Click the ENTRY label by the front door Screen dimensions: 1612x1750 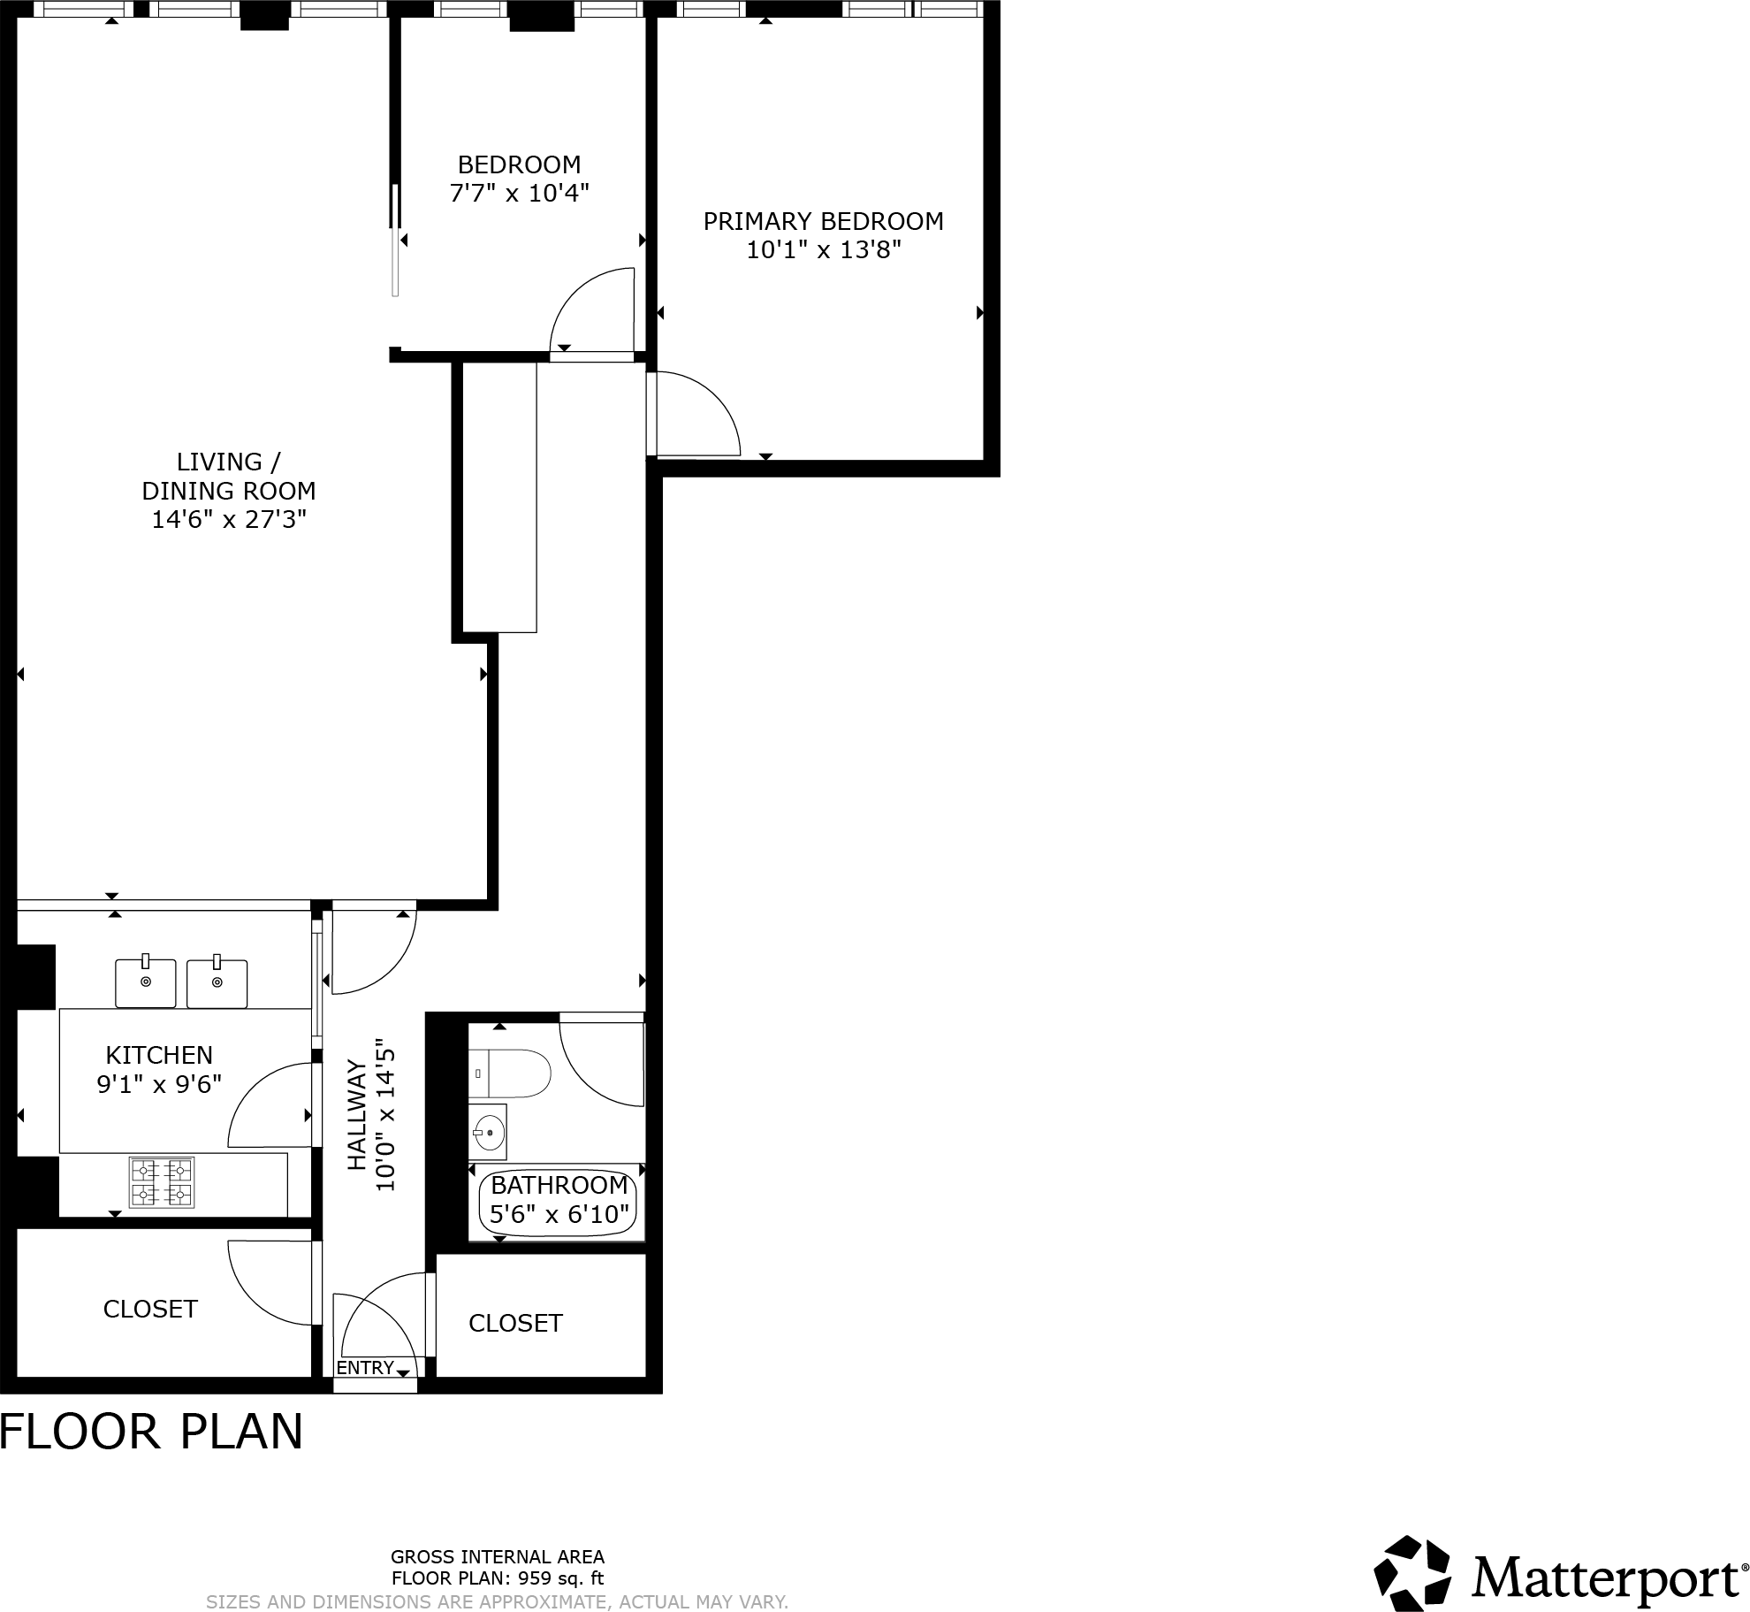(x=365, y=1368)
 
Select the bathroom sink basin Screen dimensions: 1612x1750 (x=489, y=1132)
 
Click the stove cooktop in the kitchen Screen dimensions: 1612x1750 (x=162, y=1183)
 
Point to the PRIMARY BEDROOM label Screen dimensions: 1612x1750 (x=823, y=221)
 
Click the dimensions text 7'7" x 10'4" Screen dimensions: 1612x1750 (x=519, y=193)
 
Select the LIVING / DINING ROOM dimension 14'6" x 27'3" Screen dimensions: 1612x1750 (x=229, y=519)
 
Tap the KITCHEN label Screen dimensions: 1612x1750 (x=159, y=1055)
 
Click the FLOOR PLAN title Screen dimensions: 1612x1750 (x=151, y=1432)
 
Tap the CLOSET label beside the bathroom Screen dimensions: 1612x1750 (x=515, y=1323)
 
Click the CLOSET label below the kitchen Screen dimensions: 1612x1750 (x=150, y=1309)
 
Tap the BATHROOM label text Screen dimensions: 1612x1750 (x=559, y=1185)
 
